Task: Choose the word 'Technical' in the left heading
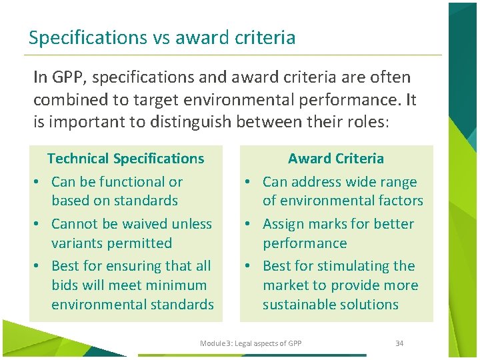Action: pos(78,159)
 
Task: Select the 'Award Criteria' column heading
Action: pos(336,159)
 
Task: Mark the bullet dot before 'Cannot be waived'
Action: pos(39,225)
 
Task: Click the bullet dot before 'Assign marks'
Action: pos(246,225)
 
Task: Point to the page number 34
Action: pos(399,343)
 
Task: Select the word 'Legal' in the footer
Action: pos(243,343)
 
